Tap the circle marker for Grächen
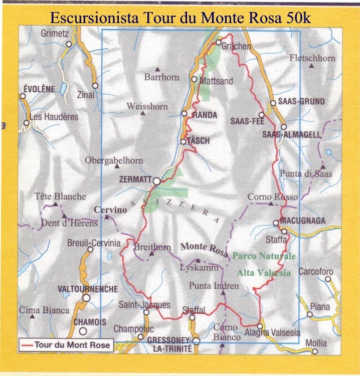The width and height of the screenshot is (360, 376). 219,43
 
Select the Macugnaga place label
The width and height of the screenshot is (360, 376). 303,221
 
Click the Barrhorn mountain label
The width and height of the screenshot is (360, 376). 161,77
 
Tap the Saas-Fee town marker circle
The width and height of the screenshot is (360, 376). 261,115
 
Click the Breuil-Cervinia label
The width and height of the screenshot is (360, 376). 94,243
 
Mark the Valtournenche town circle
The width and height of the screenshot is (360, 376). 86,298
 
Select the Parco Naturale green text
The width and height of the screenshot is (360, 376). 264,256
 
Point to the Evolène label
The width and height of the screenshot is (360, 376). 39,89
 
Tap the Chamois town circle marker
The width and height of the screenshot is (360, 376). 83,331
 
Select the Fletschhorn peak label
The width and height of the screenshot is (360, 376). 312,58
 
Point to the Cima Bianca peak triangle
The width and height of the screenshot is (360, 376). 33,316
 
